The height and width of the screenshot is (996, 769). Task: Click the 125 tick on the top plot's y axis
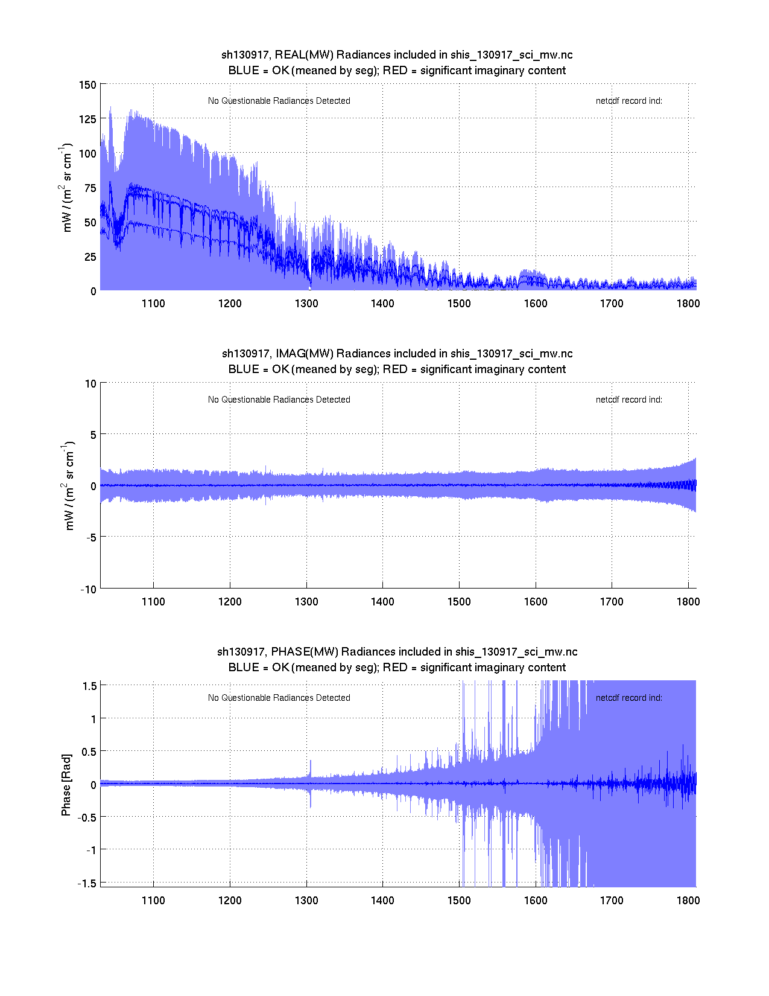(x=87, y=119)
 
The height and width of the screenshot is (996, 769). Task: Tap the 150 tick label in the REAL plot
(x=87, y=85)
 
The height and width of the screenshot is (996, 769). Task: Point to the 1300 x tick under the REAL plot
(x=306, y=304)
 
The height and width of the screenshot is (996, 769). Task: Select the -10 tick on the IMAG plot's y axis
(x=88, y=590)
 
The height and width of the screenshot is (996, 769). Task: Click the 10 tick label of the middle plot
(x=90, y=383)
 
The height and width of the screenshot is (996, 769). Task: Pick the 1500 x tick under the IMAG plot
(x=459, y=602)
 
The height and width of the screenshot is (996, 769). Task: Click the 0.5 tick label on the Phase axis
(x=89, y=752)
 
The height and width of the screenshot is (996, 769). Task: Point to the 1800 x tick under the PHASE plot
(x=688, y=901)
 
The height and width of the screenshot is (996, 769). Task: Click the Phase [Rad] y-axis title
(x=66, y=785)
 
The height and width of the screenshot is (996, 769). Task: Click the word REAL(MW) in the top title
(x=304, y=55)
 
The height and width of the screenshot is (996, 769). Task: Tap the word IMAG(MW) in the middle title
(x=305, y=354)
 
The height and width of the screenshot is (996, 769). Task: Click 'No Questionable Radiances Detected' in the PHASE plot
(x=279, y=698)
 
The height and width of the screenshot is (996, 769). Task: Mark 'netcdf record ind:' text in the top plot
(x=628, y=101)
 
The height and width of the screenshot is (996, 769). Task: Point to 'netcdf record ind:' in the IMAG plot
(x=628, y=400)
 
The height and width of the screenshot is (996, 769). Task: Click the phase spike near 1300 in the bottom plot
(x=311, y=768)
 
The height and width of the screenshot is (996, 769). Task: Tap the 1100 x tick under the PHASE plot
(x=153, y=901)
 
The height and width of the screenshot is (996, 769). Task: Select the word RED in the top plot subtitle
(x=395, y=71)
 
